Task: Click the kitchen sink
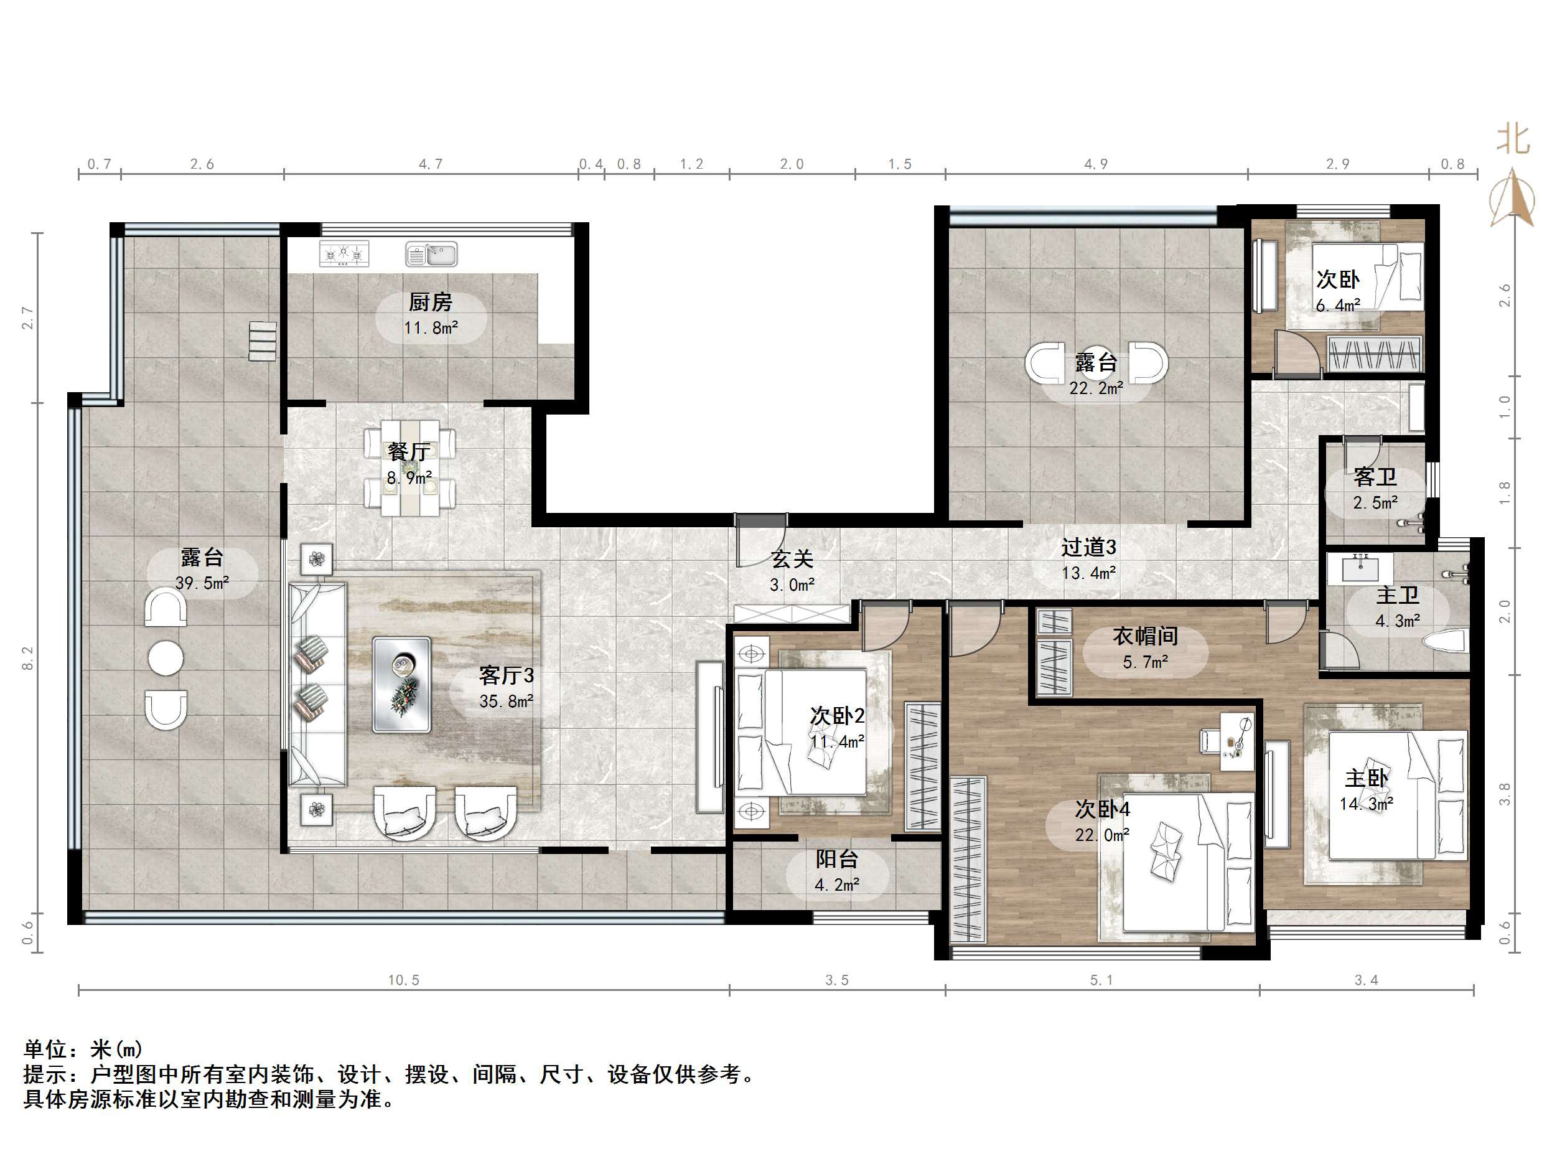pos(431,254)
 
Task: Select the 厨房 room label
pos(430,303)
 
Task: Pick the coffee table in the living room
pos(401,685)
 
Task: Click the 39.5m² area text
pos(202,583)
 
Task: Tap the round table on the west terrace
pos(166,658)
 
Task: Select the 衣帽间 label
pos(1145,636)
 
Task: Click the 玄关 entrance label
pos(792,559)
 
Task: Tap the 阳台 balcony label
pos(836,859)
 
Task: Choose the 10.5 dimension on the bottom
pos(403,980)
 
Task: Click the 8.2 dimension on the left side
pos(27,658)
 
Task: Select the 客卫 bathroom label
pos(1375,477)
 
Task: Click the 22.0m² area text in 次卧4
pos(1102,835)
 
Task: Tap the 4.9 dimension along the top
pos(1096,164)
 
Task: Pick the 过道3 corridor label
pos(1088,547)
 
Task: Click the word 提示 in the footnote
pos(45,1074)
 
